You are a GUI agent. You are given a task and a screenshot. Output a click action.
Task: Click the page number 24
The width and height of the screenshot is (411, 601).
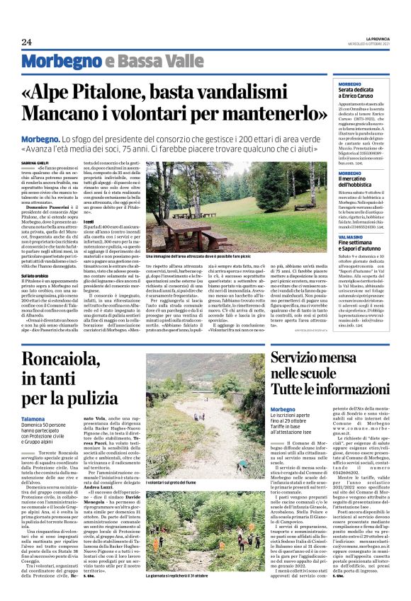click(27, 42)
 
